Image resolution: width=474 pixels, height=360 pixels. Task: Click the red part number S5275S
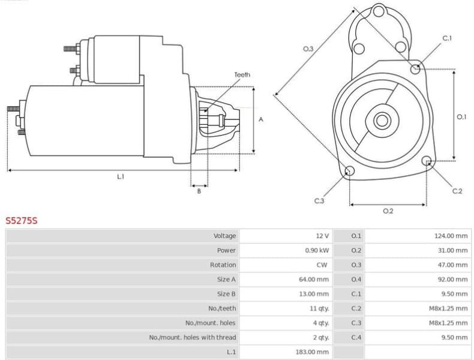click(x=22, y=221)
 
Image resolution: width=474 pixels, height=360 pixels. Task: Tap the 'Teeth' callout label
click(x=242, y=75)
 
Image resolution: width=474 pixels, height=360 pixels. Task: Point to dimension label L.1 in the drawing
click(x=121, y=176)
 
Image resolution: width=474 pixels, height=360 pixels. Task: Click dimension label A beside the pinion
click(x=261, y=119)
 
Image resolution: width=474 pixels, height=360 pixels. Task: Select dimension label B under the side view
click(x=199, y=191)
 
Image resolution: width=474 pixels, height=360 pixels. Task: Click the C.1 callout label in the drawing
click(x=447, y=38)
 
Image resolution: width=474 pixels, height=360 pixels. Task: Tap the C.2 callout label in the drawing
click(x=457, y=191)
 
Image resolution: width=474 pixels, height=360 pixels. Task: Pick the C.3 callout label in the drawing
click(x=319, y=200)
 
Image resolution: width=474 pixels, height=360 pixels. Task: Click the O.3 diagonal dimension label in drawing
click(x=308, y=49)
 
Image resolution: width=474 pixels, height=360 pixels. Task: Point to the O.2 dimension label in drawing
click(x=388, y=211)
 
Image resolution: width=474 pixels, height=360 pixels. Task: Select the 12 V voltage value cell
click(x=322, y=236)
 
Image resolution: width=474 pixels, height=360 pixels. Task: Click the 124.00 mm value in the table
click(x=451, y=236)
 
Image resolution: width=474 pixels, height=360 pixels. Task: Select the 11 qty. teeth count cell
click(x=319, y=308)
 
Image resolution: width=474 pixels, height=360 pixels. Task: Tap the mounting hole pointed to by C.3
click(x=349, y=172)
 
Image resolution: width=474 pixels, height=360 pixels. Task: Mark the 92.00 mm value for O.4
click(x=452, y=279)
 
